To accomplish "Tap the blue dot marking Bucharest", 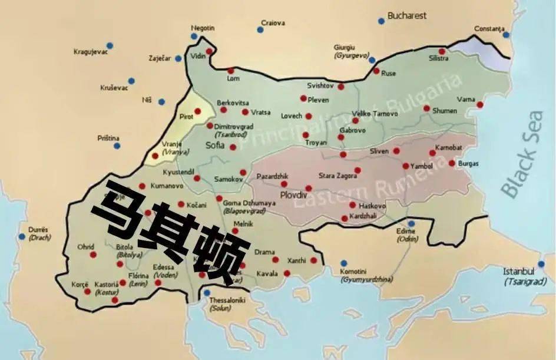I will pyautogui.click(x=381, y=21).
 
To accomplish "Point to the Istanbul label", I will pyautogui.click(x=518, y=272).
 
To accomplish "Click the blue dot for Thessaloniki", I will pyautogui.click(x=207, y=293).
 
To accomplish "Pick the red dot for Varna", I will pyautogui.click(x=480, y=105).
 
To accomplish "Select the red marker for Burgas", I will pyautogui.click(x=452, y=163).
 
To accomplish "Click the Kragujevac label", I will pyautogui.click(x=90, y=52).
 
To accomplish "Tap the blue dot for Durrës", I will pyautogui.click(x=22, y=236).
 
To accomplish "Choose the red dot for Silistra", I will pyautogui.click(x=442, y=51).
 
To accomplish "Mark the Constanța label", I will pyautogui.click(x=490, y=29).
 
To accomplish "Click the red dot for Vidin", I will pyautogui.click(x=208, y=51).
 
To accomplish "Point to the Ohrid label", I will pyautogui.click(x=86, y=246).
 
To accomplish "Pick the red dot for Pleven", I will pyautogui.click(x=303, y=98).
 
